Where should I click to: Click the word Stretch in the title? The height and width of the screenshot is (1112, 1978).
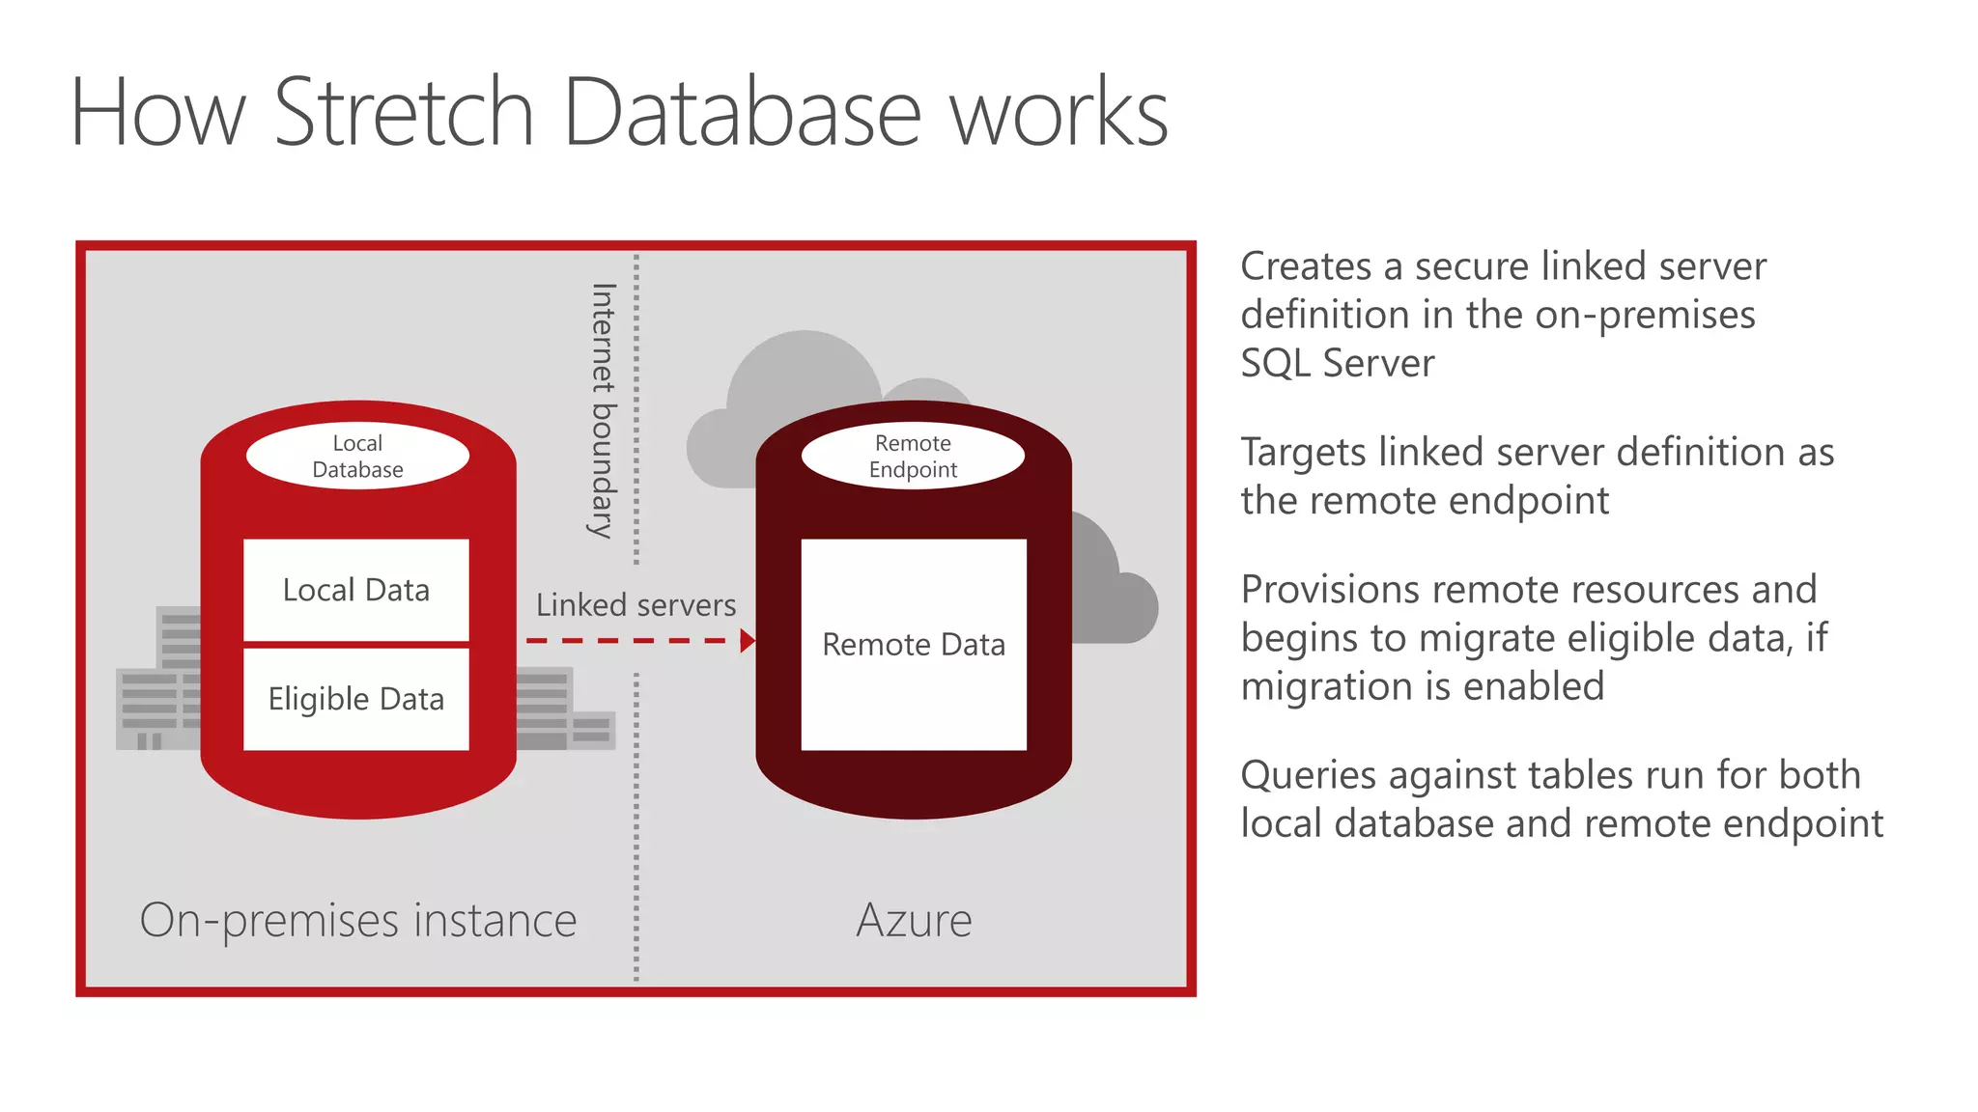(x=404, y=113)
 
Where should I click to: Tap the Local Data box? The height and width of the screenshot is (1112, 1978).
(x=355, y=590)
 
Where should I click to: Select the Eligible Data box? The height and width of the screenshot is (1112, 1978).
(x=355, y=699)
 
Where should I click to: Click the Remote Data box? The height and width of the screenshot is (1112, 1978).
(x=913, y=645)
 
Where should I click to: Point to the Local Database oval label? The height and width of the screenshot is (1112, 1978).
(x=357, y=457)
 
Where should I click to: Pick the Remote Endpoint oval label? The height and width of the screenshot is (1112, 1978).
(x=913, y=457)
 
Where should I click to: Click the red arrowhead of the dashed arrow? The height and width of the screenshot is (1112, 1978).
(x=747, y=641)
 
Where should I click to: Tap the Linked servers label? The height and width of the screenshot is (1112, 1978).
(x=636, y=605)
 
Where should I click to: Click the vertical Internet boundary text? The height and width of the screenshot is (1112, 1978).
(x=603, y=410)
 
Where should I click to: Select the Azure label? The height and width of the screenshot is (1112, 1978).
(x=914, y=920)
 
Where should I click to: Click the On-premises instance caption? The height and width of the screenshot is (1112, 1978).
(x=357, y=920)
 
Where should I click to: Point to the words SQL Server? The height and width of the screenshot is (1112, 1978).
(x=1337, y=364)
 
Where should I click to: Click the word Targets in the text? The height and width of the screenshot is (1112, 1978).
(x=1304, y=453)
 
